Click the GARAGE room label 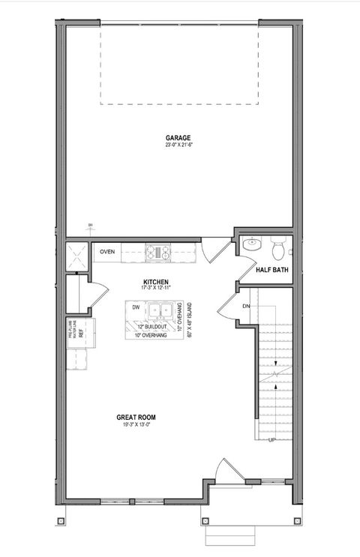[178, 137]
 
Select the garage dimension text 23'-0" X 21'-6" [178, 145]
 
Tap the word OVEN [107, 252]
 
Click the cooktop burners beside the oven [158, 252]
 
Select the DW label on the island [136, 307]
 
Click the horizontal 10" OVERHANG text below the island [150, 335]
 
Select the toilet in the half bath [277, 245]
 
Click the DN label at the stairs [246, 306]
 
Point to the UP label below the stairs [272, 440]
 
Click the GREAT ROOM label [136, 417]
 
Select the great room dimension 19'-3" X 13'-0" [136, 425]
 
